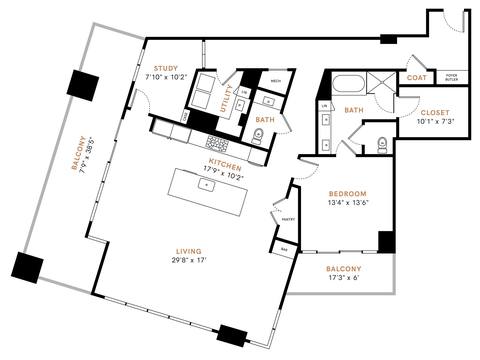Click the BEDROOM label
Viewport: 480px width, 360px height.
coord(348,193)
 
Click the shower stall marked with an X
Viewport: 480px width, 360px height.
coord(382,83)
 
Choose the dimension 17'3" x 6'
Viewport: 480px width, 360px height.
coord(343,280)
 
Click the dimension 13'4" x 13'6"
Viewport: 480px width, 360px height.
coord(348,203)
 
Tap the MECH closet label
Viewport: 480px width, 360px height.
coord(275,80)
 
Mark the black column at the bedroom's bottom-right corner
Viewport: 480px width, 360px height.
coord(386,241)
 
